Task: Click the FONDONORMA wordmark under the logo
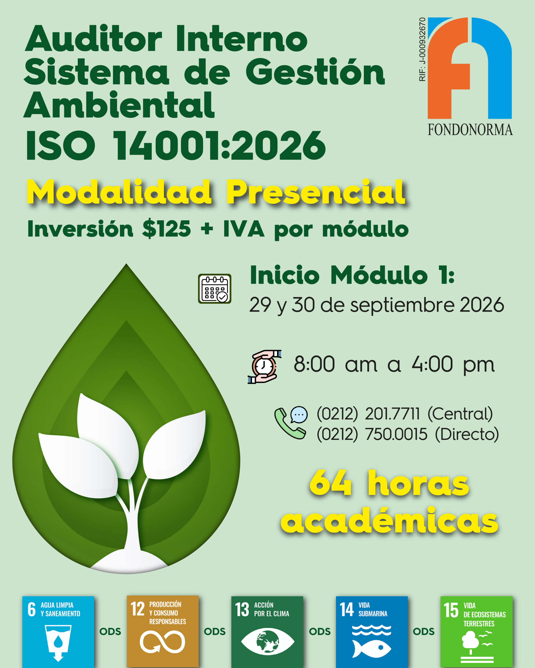click(470, 130)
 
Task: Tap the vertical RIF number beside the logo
click(422, 50)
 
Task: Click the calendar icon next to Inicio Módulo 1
click(215, 288)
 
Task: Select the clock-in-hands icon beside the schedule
click(264, 367)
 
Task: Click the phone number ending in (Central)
click(405, 414)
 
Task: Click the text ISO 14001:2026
click(176, 145)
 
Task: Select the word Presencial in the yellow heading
click(316, 192)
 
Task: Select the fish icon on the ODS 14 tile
click(371, 648)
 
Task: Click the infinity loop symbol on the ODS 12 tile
click(162, 642)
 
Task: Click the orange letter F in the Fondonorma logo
click(449, 68)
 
